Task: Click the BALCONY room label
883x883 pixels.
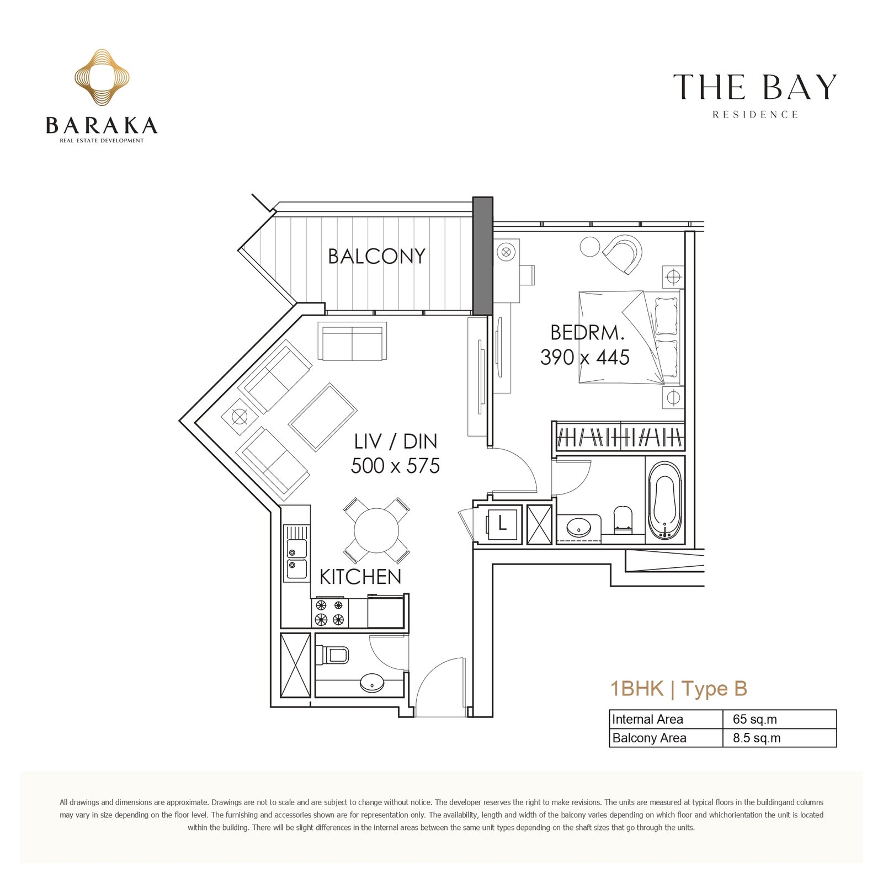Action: click(376, 256)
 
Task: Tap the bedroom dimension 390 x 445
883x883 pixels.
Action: click(585, 358)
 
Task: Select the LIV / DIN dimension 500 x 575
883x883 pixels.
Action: click(395, 466)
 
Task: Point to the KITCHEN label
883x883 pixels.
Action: click(360, 577)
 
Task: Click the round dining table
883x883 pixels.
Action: click(376, 530)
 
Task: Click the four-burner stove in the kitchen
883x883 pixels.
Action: click(330, 613)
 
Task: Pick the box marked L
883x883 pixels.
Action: click(502, 523)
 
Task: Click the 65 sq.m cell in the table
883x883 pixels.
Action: click(754, 719)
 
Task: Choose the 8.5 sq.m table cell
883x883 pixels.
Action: click(757, 738)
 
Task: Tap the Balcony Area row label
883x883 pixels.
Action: click(649, 738)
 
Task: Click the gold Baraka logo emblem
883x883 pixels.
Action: click(102, 77)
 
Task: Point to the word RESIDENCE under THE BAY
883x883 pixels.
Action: click(755, 115)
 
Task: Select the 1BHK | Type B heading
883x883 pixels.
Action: click(679, 689)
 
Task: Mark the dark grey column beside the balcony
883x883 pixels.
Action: click(483, 256)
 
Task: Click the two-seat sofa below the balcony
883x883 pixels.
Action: click(352, 342)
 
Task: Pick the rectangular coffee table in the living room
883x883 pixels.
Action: click(323, 417)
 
